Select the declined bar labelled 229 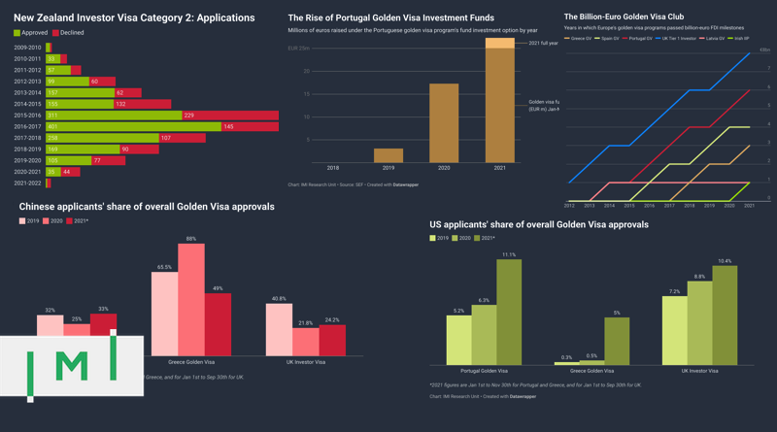click(230, 116)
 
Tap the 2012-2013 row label click(27, 82)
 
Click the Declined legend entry click(67, 33)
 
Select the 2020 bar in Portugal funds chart click(444, 123)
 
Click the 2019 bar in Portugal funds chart click(388, 155)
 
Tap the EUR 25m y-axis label click(298, 49)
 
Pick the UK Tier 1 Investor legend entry click(678, 39)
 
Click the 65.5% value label click(164, 267)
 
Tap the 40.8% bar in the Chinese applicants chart click(279, 329)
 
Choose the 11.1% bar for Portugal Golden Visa click(508, 312)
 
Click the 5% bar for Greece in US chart click(617, 341)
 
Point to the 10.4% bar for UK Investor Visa click(725, 316)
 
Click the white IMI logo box click(72, 366)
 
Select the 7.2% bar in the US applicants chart click(674, 330)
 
